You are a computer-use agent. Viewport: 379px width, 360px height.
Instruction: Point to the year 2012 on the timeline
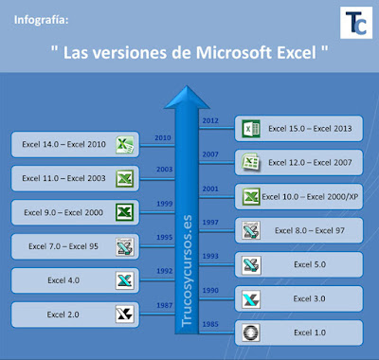point(210,120)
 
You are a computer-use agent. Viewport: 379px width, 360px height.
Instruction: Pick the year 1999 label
point(163,205)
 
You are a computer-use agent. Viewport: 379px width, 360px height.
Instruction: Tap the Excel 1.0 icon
point(250,333)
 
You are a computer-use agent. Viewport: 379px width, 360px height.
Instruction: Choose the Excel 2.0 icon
point(124,315)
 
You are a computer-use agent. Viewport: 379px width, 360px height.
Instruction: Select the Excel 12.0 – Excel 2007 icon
point(250,162)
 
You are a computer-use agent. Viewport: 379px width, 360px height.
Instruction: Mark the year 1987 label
point(163,307)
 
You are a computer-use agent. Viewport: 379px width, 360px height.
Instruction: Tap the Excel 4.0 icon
point(124,280)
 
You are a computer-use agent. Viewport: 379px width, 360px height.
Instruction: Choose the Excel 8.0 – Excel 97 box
point(299,230)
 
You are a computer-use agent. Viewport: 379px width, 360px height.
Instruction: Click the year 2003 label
point(163,171)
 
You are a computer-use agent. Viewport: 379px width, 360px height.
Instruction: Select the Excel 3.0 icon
point(250,298)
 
